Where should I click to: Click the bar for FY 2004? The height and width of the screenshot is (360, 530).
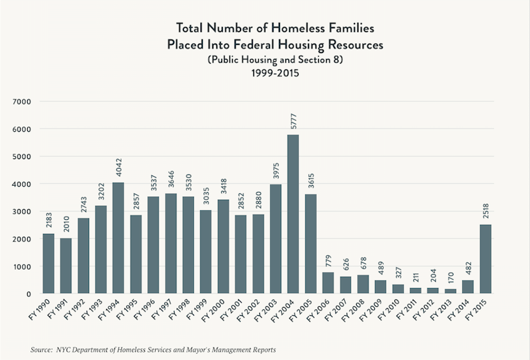(292, 214)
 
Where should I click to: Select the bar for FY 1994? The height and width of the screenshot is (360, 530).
(117, 238)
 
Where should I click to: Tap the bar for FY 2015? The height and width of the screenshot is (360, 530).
(485, 259)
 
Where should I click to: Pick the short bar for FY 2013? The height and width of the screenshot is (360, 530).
(450, 291)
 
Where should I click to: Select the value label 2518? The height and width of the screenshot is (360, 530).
(485, 210)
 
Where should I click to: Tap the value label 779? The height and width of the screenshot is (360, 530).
(328, 261)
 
